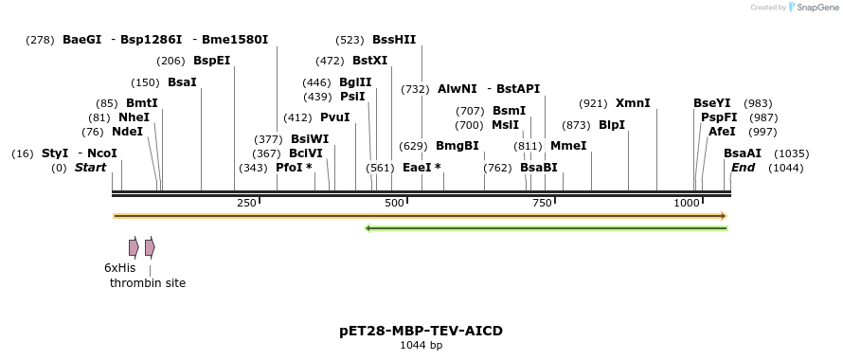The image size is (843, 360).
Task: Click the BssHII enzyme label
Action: point(394,40)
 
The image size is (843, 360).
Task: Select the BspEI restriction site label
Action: point(211,61)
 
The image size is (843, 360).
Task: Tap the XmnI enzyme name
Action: point(633,103)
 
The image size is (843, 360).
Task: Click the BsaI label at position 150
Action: point(182,82)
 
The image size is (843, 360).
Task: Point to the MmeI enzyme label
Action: point(568,146)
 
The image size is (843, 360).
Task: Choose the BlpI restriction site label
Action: point(612,125)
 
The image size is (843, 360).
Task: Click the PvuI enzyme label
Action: point(335,117)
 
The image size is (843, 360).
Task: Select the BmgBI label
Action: point(457,146)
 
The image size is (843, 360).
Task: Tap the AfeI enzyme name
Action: point(722,132)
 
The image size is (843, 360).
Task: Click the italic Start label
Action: point(91,168)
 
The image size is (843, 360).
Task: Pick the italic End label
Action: point(743,168)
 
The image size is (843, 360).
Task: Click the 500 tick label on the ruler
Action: point(394,204)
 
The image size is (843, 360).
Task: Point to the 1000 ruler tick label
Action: point(688,204)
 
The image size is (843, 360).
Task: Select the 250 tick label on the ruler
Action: point(246,204)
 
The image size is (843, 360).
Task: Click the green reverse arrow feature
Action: point(546,227)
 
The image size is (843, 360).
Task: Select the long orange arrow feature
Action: point(419,216)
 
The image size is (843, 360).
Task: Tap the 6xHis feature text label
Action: point(120,268)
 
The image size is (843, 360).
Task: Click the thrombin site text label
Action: point(148,283)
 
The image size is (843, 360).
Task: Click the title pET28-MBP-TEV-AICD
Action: point(421,331)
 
